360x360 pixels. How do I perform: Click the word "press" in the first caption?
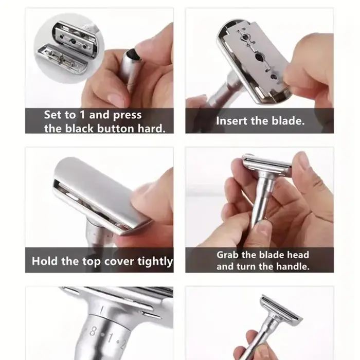click(128, 115)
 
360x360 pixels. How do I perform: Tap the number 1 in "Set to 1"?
click(82, 114)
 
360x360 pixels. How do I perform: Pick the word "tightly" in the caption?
click(155, 262)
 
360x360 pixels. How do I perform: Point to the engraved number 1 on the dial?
click(111, 338)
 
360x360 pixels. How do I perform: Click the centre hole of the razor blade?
click(259, 57)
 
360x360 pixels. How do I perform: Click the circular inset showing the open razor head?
click(69, 48)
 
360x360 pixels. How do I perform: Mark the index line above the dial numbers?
click(102, 310)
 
